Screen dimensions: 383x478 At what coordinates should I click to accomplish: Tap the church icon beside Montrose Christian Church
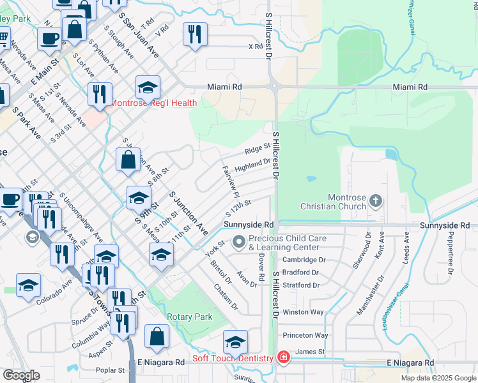tap(376, 201)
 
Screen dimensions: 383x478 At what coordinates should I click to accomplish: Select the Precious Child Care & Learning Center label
tap(283, 242)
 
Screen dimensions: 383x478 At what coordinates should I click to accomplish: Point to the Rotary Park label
tap(189, 317)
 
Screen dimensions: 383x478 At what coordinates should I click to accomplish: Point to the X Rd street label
tap(255, 47)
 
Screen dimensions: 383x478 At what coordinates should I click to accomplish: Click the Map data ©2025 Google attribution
tap(438, 378)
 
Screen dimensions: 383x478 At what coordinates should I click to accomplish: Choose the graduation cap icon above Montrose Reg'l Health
tap(148, 87)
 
